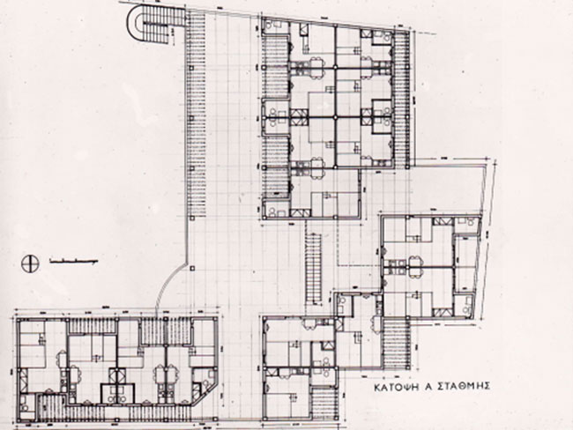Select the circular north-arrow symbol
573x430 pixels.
pyautogui.click(x=30, y=263)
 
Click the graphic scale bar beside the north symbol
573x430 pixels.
pyautogui.click(x=73, y=261)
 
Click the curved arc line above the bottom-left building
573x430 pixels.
pyautogui.click(x=170, y=285)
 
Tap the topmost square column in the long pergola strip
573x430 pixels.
pyautogui.click(x=190, y=68)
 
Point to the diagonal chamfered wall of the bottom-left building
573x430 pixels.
pyautogui.click(x=206, y=394)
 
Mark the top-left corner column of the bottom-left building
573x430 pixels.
pyautogui.click(x=18, y=320)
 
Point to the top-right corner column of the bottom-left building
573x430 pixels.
pyautogui.click(x=217, y=320)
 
